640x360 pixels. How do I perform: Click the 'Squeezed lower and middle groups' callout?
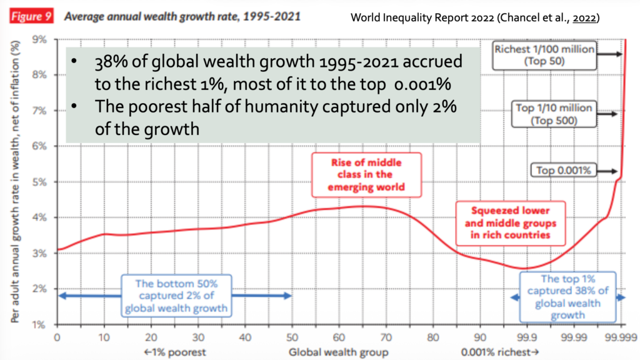[510, 222]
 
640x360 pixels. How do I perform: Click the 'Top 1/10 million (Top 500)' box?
[546, 113]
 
